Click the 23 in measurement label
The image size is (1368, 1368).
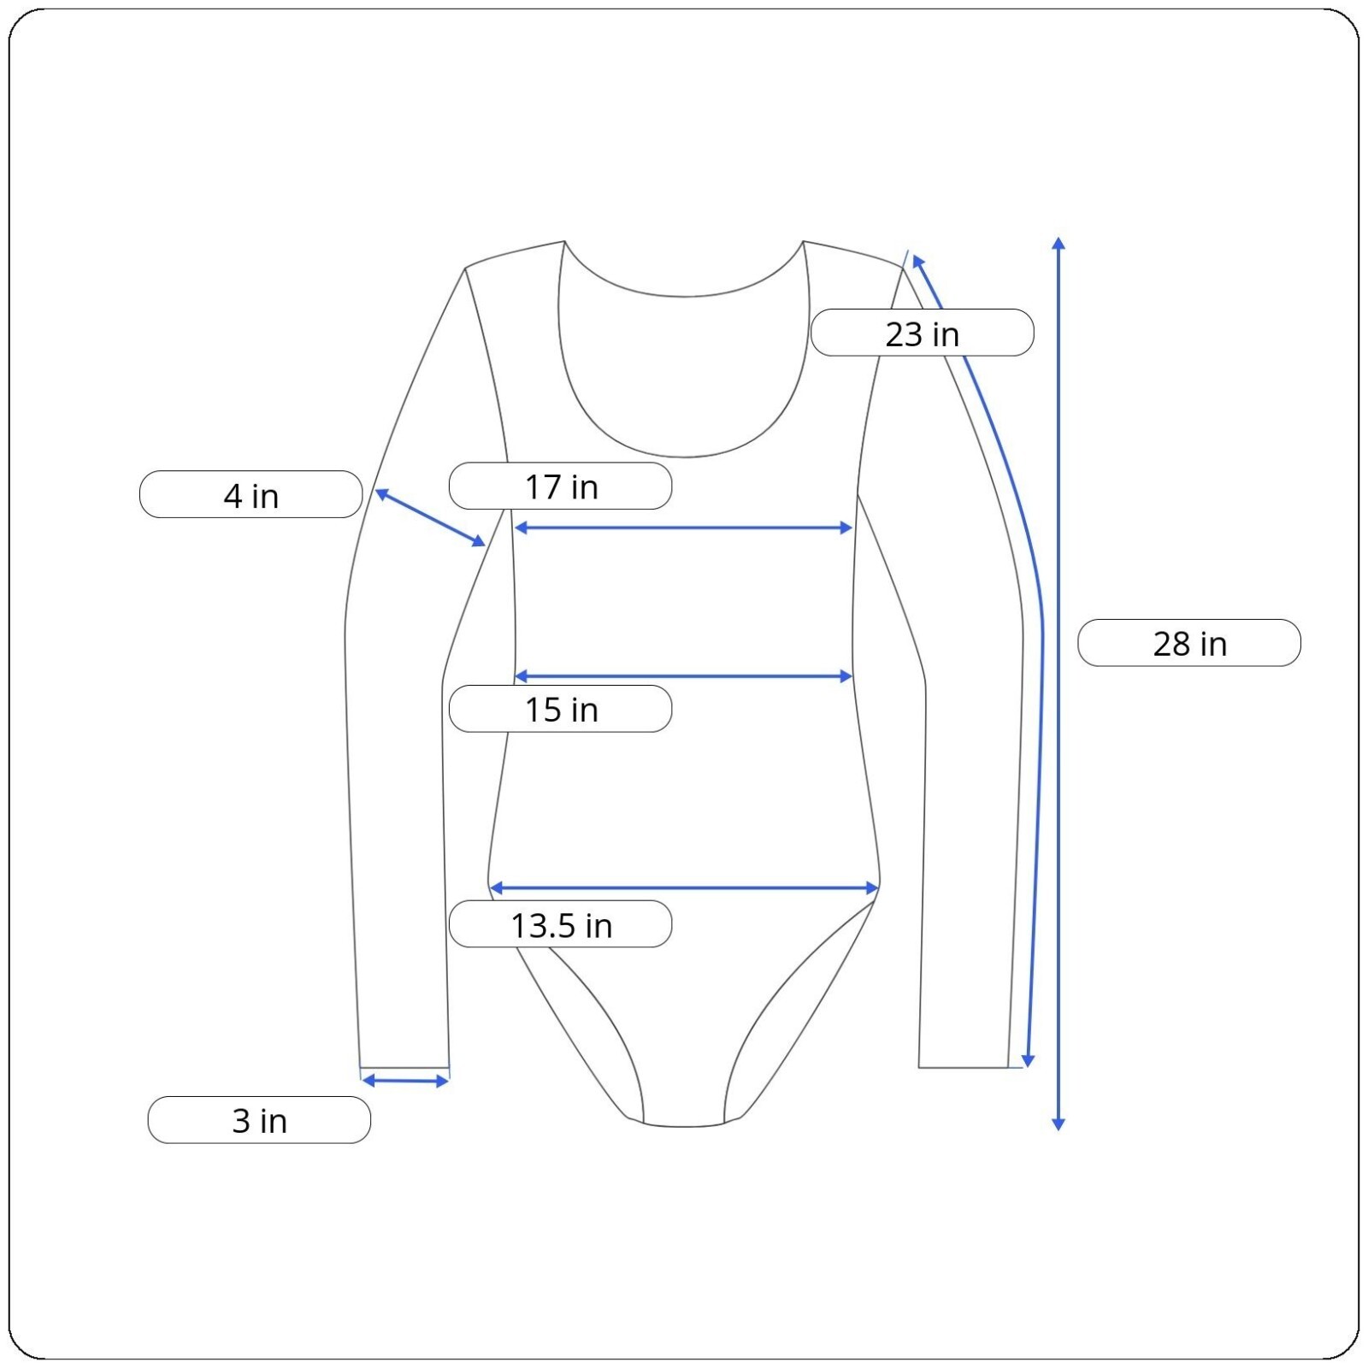922,333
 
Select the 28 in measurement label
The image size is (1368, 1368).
1189,643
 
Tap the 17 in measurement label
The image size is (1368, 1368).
560,486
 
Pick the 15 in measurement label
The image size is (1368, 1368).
560,709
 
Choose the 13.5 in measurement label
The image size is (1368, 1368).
560,924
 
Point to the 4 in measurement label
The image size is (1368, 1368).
251,494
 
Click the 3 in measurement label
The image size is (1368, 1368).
259,1120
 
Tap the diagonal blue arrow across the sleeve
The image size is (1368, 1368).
430,517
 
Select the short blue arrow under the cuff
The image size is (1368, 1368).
405,1082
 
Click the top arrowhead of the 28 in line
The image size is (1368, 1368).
1058,243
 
